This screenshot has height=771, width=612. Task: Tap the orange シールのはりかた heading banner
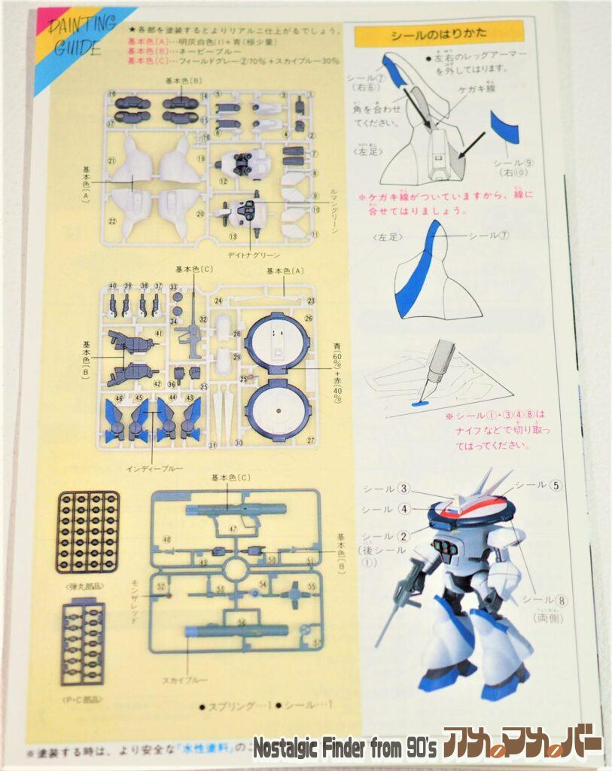[438, 35]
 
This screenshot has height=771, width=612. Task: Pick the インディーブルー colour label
[151, 468]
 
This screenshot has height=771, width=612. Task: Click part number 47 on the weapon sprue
[233, 530]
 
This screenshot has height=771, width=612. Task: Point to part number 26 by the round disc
[308, 318]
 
